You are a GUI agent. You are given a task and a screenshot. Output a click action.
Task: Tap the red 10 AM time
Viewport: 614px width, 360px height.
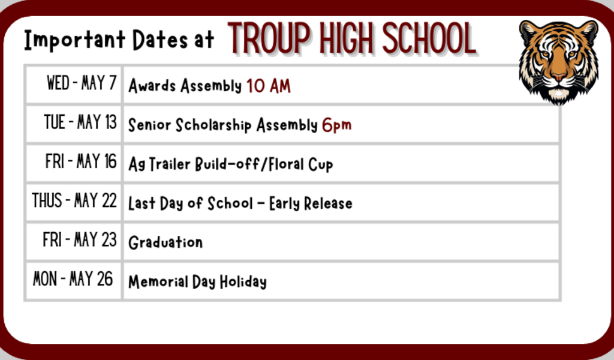[268, 86]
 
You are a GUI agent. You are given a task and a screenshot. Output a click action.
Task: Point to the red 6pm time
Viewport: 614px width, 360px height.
[336, 125]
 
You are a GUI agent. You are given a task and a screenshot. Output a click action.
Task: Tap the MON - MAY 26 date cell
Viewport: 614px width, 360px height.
[73, 279]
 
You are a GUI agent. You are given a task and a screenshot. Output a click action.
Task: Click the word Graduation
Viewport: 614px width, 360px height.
[165, 242]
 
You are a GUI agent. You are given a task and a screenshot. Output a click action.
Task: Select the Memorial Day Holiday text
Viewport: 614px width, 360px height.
[197, 282]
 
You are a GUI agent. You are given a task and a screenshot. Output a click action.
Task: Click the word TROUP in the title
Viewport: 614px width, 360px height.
[269, 38]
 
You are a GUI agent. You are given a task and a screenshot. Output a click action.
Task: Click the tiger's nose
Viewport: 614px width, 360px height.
[558, 76]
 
